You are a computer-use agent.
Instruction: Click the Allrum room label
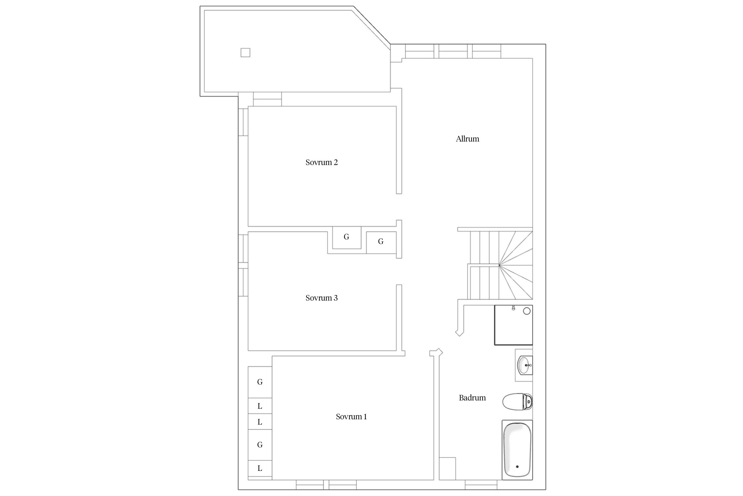(x=467, y=139)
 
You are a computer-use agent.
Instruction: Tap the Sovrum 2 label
(x=321, y=162)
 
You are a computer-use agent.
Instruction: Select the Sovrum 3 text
(x=321, y=298)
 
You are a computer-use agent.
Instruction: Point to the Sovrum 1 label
(x=351, y=417)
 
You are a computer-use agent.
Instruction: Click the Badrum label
(x=472, y=398)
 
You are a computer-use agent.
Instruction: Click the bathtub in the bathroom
(x=517, y=450)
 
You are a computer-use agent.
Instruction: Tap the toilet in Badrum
(x=517, y=402)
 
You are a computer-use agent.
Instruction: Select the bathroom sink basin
(x=525, y=365)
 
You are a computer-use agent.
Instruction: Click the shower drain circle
(x=527, y=311)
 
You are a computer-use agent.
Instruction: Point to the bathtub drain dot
(x=517, y=467)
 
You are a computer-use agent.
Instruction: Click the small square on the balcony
(x=245, y=53)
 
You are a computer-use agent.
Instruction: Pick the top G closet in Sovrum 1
(x=260, y=382)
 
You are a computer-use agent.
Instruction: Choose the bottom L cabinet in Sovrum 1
(x=260, y=468)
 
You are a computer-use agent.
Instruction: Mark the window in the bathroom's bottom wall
(x=481, y=485)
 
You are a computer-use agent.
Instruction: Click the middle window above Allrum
(x=453, y=51)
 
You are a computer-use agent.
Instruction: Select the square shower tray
(x=513, y=325)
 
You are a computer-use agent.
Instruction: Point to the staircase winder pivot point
(x=499, y=265)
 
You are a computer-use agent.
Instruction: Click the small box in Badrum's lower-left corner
(x=447, y=469)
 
